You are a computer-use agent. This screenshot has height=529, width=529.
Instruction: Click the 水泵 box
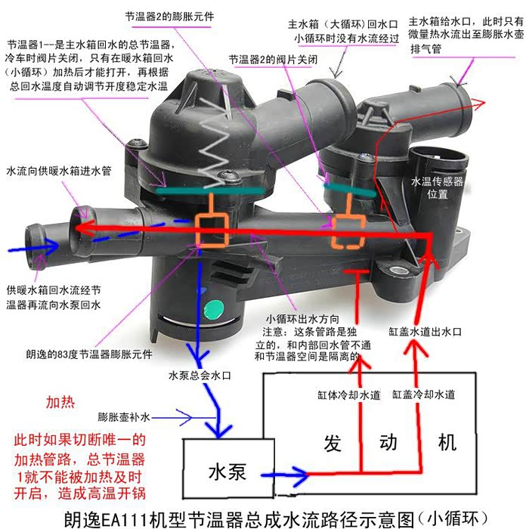pos(228,468)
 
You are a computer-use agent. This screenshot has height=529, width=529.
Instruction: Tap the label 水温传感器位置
pos(437,187)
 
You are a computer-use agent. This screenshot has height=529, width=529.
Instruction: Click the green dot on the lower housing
pos(214,310)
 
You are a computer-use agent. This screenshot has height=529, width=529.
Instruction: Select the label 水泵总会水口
pos(200,376)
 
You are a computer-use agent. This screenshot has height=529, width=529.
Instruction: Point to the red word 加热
pos(60,402)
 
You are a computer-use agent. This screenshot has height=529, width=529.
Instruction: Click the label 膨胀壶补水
pos(123,417)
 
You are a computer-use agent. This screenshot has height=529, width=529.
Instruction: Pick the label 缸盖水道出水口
pos(425,332)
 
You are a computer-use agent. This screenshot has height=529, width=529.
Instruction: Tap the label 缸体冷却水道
pos(349,394)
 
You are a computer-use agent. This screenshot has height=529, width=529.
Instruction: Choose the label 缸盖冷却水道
pos(423,394)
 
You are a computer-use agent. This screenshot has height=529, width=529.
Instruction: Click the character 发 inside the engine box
pos(333,443)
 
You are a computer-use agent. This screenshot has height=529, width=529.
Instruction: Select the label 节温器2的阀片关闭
pos(273,60)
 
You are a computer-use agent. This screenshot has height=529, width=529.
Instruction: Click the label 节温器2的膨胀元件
pos(169,16)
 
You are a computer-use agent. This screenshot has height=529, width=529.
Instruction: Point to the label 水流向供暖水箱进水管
pos(59,171)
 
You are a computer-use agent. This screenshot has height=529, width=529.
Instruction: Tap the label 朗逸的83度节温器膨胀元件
pos(89,354)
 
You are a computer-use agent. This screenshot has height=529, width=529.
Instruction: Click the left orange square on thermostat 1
pos(212,231)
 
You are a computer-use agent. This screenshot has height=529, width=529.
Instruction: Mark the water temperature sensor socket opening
pos(438,157)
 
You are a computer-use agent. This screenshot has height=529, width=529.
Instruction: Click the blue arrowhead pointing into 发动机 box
pos(299,475)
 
